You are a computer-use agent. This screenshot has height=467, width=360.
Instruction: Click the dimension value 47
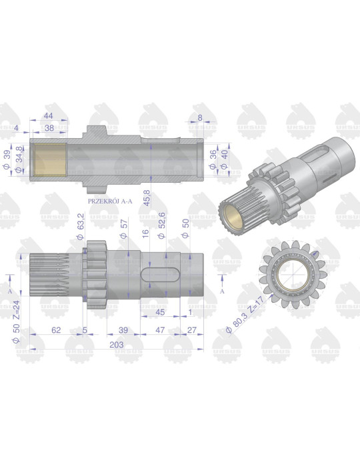[x=160, y=330]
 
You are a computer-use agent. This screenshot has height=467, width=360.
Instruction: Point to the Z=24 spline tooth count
[x=17, y=308]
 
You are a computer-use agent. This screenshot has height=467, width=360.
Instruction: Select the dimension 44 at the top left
[x=49, y=114]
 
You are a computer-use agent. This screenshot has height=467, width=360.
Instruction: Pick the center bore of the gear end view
[x=291, y=274]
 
